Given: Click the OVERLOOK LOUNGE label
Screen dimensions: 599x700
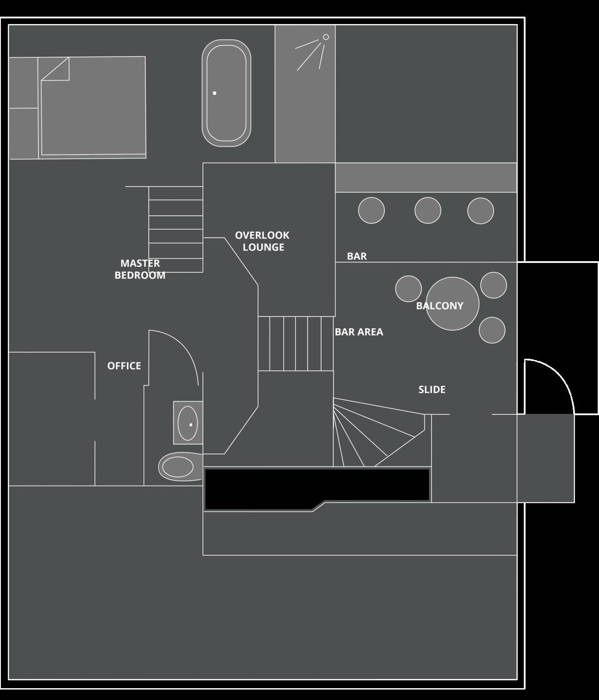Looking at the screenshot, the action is click(262, 241).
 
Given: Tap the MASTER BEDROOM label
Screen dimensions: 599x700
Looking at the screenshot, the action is click(140, 269).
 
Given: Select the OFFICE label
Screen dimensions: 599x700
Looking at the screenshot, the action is click(124, 366).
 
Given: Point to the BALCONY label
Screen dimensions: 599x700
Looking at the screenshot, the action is click(439, 306).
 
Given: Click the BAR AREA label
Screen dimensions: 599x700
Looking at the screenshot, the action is click(359, 332).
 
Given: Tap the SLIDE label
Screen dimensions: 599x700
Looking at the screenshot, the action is click(432, 389).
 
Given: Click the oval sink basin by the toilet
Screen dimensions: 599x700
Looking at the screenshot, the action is click(188, 423).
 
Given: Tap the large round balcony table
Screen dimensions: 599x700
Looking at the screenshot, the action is click(453, 304).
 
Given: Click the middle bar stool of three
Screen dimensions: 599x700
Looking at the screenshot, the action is click(428, 210).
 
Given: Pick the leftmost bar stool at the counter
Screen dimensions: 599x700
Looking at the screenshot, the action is click(371, 210).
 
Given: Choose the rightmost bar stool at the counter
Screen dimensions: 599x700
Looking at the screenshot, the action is click(481, 211).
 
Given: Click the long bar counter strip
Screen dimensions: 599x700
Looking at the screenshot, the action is click(426, 177).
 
